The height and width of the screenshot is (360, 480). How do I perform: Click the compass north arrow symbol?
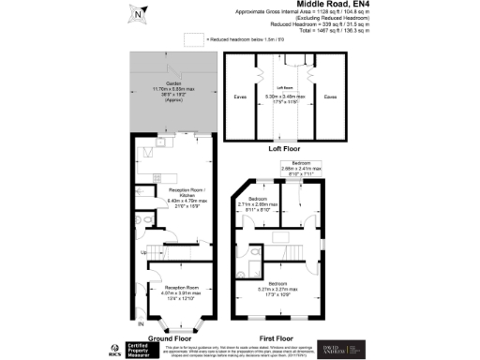pos(138,13)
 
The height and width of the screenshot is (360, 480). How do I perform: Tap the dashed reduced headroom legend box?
pos(194,39)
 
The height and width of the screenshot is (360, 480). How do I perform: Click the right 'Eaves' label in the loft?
pos(329,95)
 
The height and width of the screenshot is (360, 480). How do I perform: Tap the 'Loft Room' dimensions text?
pos(285,96)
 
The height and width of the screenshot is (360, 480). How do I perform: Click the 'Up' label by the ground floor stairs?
pos(142,251)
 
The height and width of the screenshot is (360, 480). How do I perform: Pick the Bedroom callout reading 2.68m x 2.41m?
pos(294,168)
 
